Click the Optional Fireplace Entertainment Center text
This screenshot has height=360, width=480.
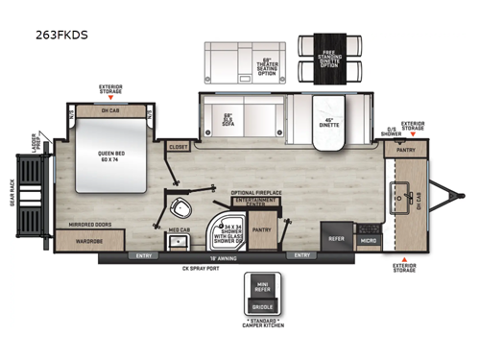(x=255, y=196)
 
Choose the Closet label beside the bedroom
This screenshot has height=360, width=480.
(x=178, y=147)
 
